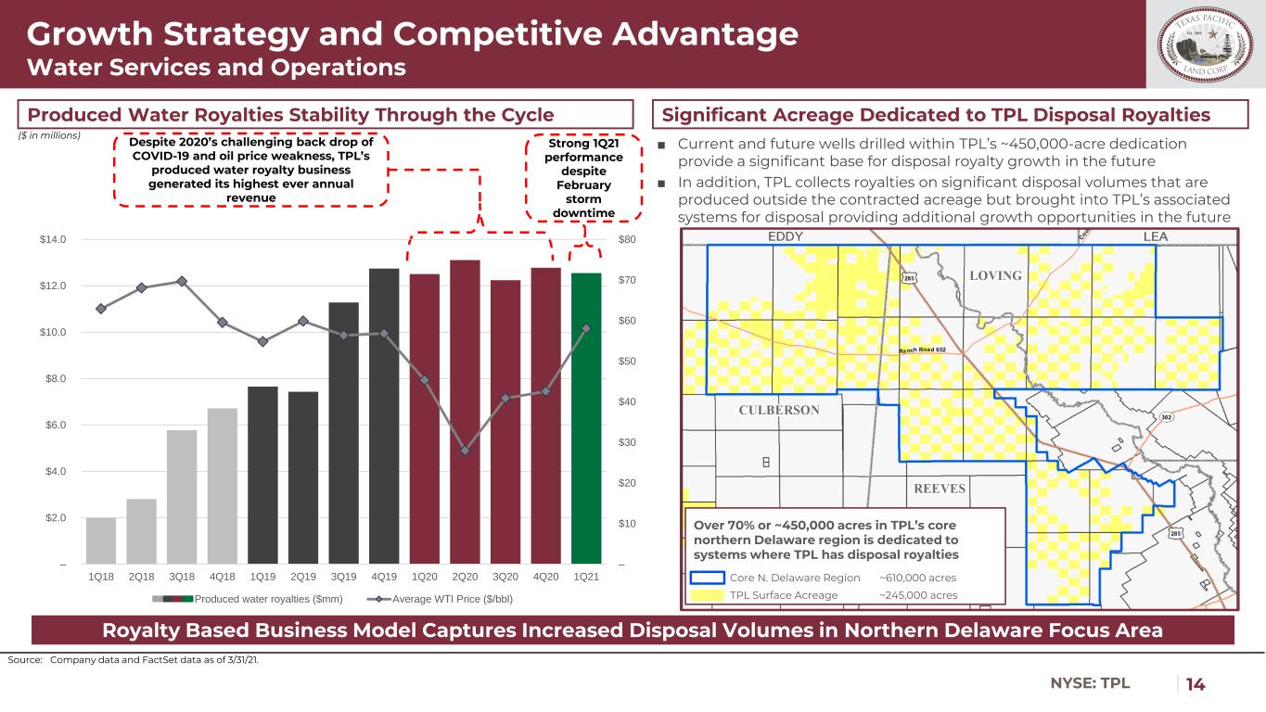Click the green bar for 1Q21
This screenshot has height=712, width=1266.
(x=586, y=418)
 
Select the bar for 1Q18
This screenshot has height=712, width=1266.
(x=100, y=540)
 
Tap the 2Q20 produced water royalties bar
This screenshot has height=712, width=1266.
(x=465, y=412)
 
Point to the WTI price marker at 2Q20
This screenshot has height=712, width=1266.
(x=465, y=451)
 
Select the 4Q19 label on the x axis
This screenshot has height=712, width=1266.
(x=384, y=578)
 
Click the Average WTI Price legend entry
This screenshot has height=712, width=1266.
(x=446, y=598)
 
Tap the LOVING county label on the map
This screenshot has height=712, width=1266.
(x=994, y=276)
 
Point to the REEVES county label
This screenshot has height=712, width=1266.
(x=940, y=489)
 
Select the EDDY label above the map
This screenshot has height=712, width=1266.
(x=786, y=237)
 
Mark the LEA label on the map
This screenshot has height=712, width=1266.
(x=1155, y=237)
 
